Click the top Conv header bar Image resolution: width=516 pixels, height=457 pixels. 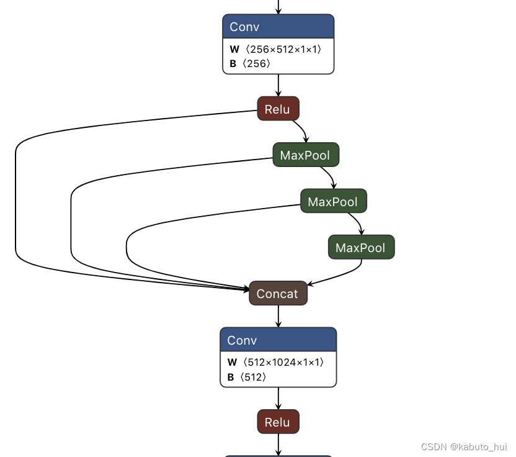(278, 27)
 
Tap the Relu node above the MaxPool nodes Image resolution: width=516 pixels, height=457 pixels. (278, 109)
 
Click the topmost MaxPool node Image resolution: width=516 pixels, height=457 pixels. (306, 155)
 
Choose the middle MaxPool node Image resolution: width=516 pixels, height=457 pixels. (333, 202)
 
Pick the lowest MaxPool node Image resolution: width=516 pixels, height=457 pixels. (361, 248)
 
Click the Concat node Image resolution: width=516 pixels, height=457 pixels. (278, 294)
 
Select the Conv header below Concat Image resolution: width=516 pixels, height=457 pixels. (278, 340)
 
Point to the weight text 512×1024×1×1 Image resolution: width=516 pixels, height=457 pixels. (283, 362)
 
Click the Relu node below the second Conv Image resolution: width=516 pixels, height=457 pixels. (278, 422)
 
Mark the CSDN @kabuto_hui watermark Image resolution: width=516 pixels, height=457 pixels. (464, 447)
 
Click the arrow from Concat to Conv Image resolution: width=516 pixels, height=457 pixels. (278, 317)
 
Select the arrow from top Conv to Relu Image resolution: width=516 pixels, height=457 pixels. (278, 85)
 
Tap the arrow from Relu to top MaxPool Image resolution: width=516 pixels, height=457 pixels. (302, 131)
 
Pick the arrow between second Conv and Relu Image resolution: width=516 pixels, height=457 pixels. (278, 398)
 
